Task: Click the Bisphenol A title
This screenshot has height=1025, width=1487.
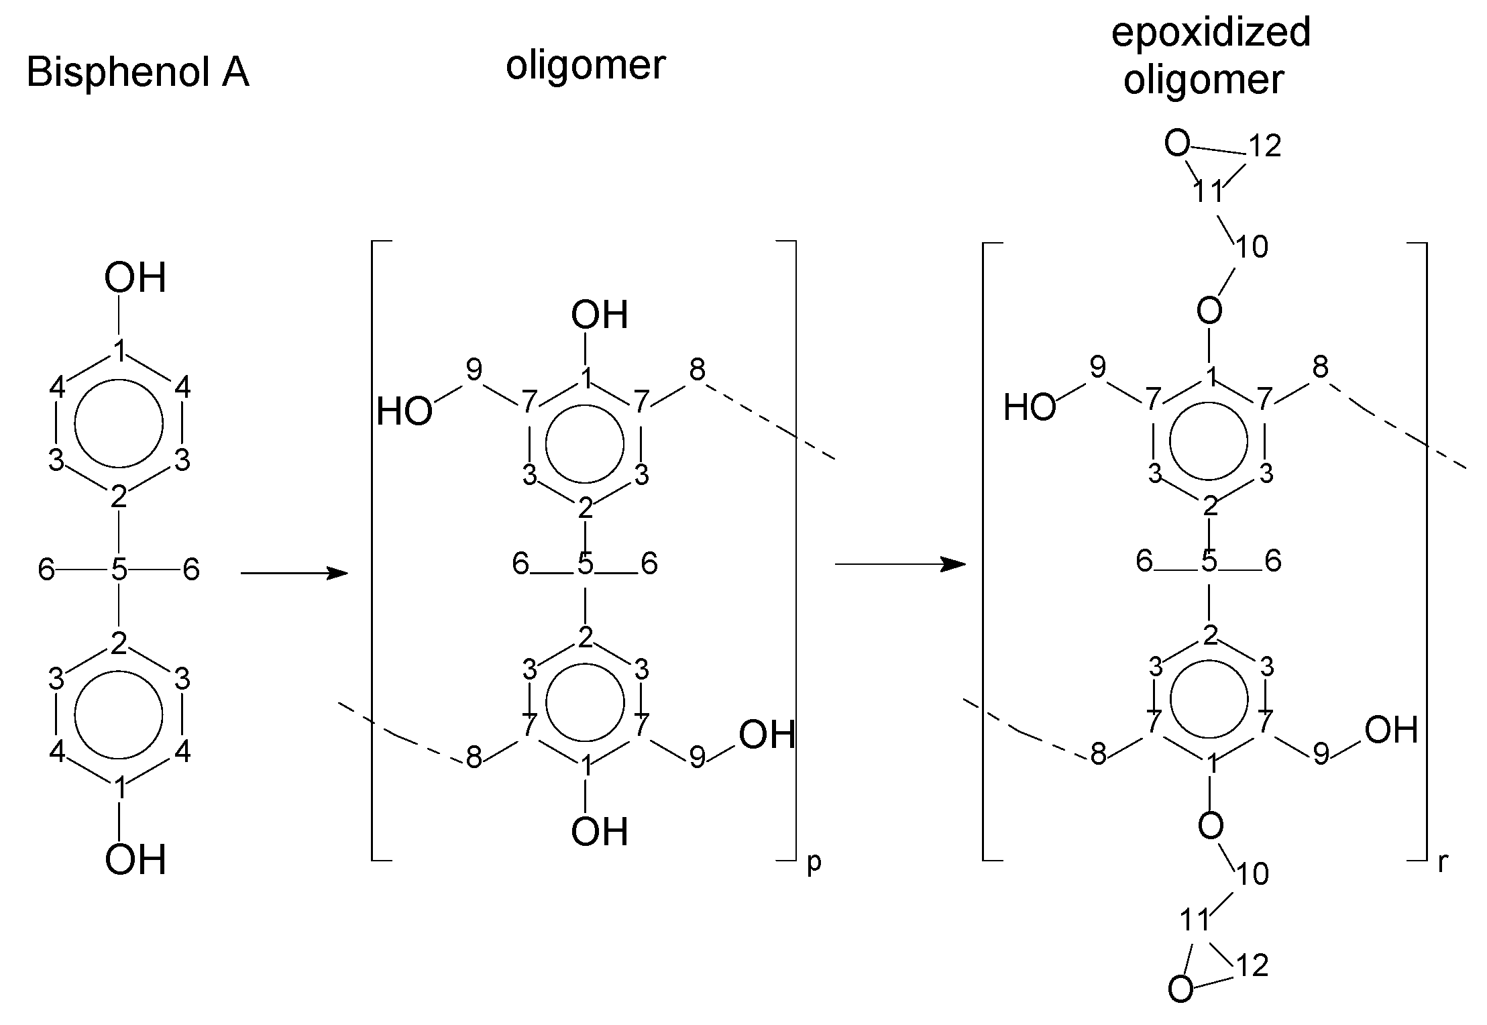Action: click(x=137, y=72)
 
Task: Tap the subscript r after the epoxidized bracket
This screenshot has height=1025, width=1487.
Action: click(x=1443, y=863)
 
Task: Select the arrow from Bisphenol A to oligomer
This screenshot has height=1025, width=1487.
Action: click(x=294, y=573)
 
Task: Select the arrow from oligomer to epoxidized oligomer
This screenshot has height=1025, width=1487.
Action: click(x=899, y=564)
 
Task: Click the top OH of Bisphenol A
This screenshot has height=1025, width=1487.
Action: click(x=135, y=278)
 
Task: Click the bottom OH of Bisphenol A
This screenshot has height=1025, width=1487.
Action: click(x=135, y=860)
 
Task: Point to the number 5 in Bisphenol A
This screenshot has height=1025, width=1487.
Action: click(x=119, y=570)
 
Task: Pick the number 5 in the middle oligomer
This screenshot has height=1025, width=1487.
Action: click(x=586, y=564)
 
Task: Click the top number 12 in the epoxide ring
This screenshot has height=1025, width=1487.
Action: click(x=1264, y=146)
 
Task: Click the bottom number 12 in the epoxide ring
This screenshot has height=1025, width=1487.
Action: click(x=1252, y=966)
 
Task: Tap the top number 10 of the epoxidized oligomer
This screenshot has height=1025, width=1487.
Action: click(x=1252, y=247)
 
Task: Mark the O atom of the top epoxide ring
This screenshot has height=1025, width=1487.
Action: click(x=1177, y=144)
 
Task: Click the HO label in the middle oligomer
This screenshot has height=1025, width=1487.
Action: click(x=404, y=411)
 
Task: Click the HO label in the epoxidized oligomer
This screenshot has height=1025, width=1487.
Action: click(x=1029, y=407)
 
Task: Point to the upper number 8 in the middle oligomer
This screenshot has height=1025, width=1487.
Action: click(x=698, y=370)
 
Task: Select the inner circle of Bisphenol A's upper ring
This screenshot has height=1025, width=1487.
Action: click(x=119, y=423)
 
